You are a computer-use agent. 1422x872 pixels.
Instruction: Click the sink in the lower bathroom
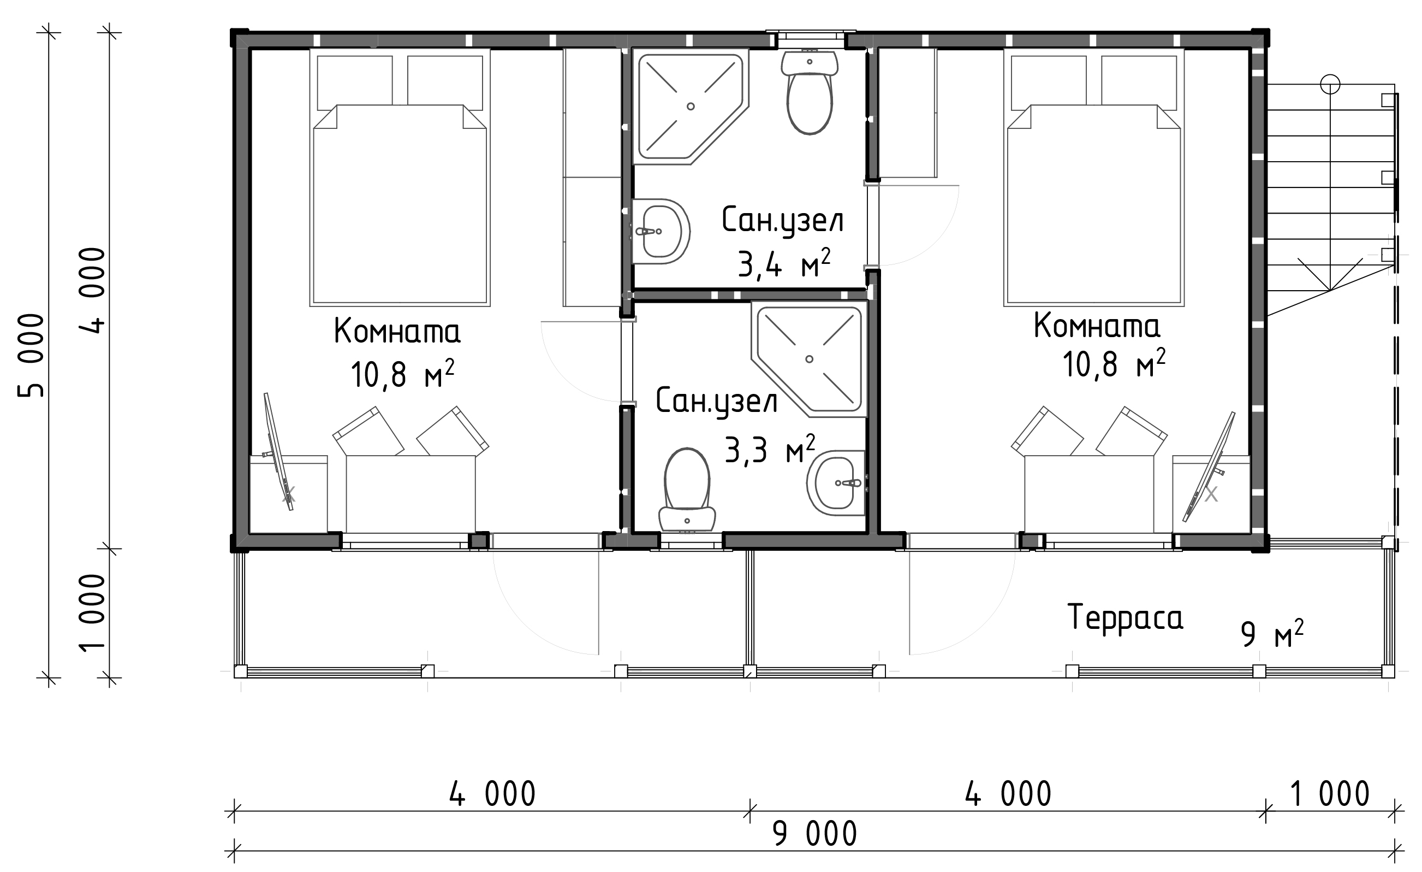coord(836,483)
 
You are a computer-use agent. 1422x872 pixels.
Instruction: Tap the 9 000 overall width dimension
coord(815,834)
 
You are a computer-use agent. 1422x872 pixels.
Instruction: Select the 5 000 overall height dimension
coord(31,355)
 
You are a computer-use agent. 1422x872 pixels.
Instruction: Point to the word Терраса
coord(1125,617)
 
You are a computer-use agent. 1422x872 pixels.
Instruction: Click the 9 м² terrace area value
coord(1272,634)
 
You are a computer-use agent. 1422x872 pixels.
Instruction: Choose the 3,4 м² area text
coord(784,264)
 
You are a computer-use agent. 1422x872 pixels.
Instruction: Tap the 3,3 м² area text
coord(770,450)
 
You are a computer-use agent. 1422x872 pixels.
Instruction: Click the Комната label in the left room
coord(397,332)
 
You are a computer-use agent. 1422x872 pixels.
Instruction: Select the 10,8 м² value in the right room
coord(1114,364)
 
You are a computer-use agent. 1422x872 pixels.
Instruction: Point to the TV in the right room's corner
coord(1209,467)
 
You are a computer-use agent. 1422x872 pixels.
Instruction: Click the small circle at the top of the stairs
coord(1330,85)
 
